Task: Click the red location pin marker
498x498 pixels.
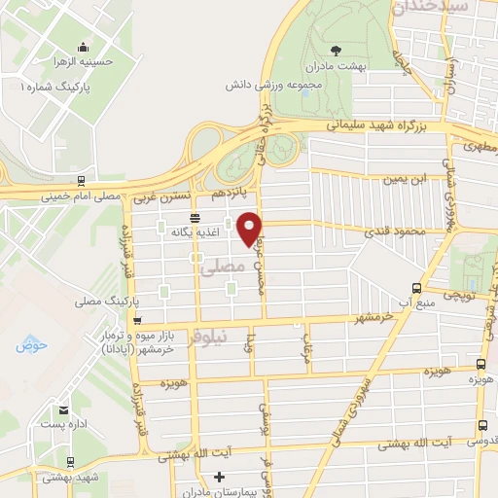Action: point(251,227)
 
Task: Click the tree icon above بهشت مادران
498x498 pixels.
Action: point(336,49)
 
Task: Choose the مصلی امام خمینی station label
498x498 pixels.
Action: point(80,196)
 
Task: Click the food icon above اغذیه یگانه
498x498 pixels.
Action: point(196,218)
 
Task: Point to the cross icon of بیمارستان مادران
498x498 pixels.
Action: point(220,477)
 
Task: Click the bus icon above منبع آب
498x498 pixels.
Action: point(417,288)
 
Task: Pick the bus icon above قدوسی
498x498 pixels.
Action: point(482,426)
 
